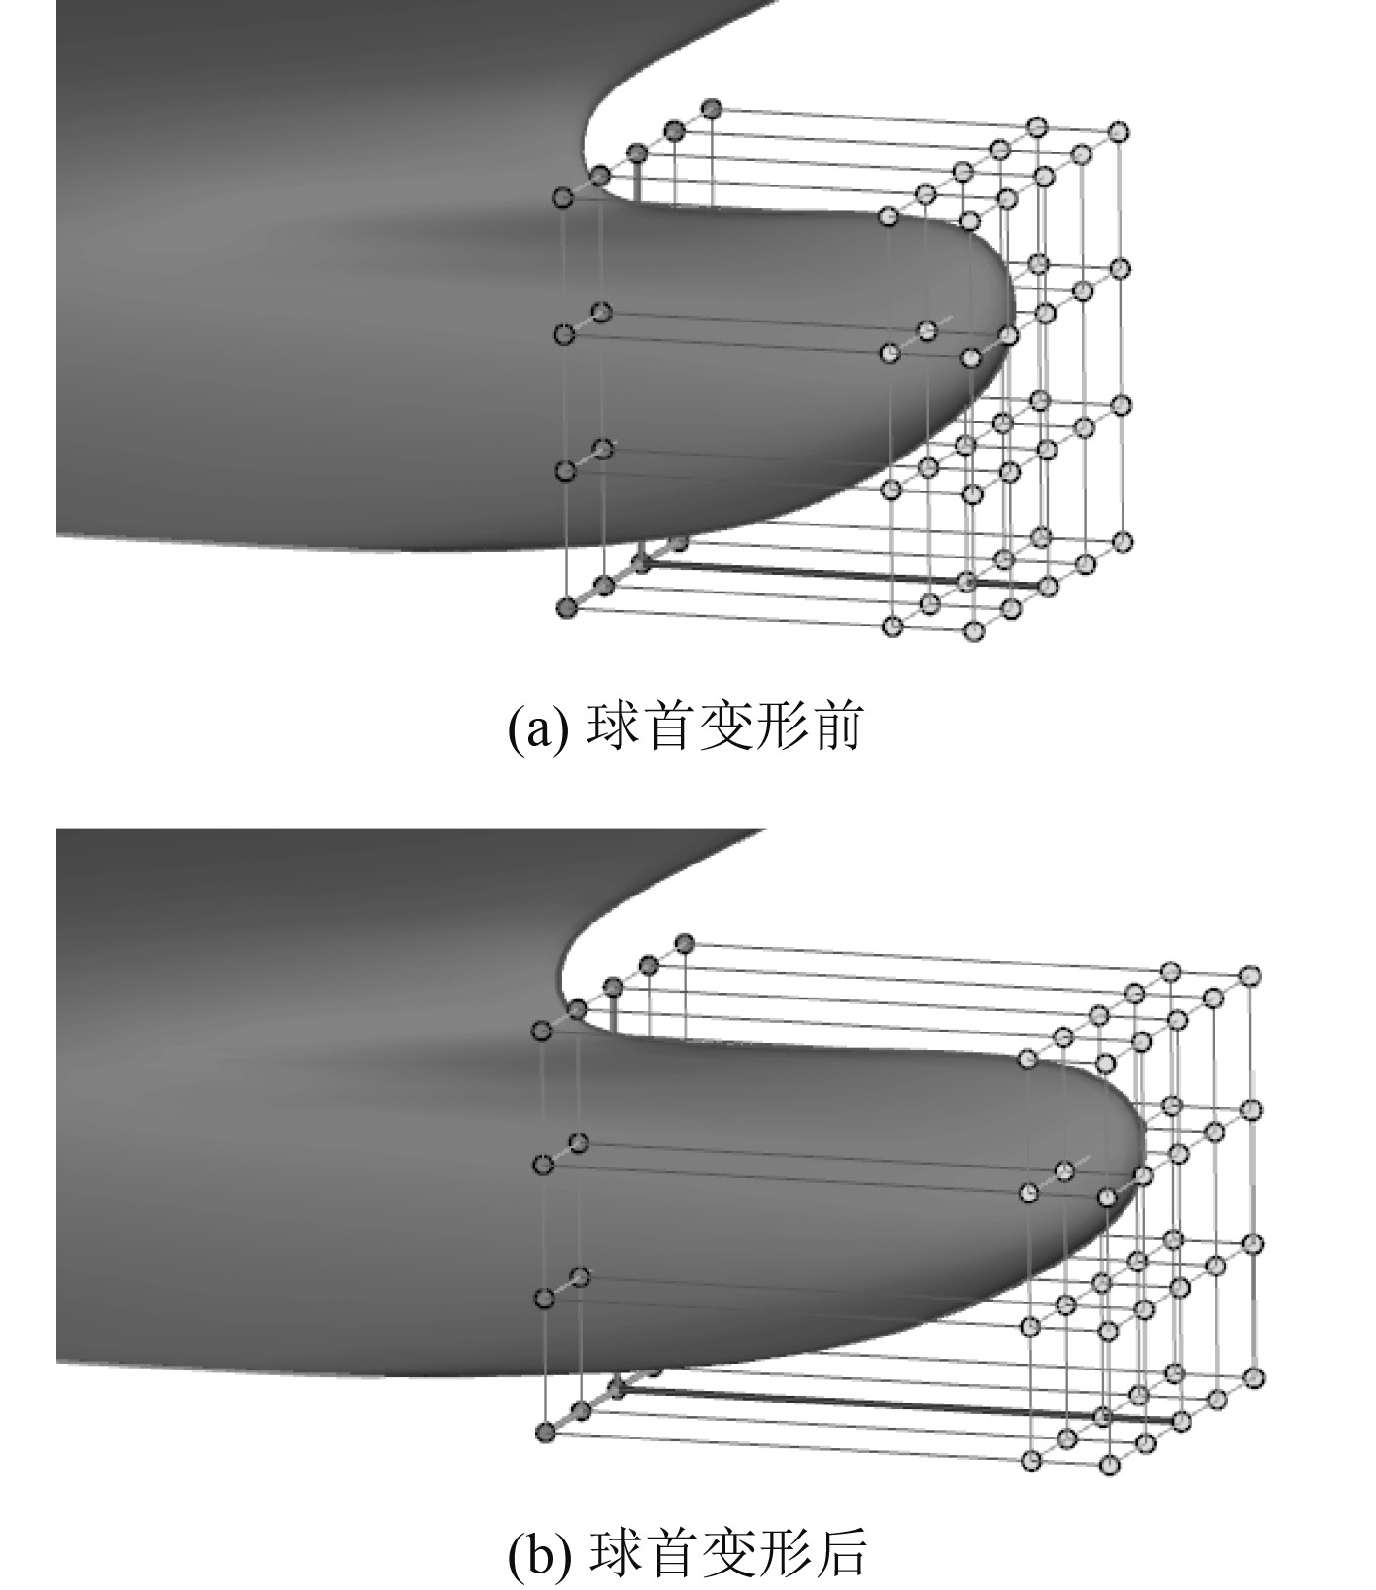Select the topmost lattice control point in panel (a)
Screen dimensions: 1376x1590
(x=712, y=107)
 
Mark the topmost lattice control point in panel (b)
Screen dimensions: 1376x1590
(x=685, y=942)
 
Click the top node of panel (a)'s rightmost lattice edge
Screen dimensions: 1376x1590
(x=1120, y=131)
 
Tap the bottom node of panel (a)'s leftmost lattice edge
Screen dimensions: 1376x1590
(x=566, y=608)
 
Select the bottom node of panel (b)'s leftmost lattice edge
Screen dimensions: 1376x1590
(x=545, y=1431)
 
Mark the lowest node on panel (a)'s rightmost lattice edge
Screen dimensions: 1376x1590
(x=1123, y=541)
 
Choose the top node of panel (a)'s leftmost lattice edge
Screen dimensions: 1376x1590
(x=563, y=198)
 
